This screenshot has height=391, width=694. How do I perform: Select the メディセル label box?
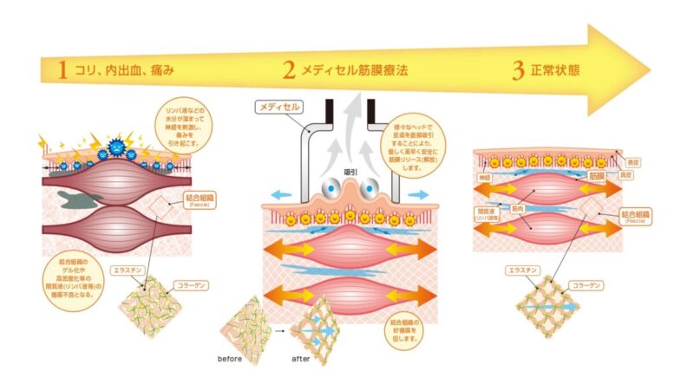coord(278,108)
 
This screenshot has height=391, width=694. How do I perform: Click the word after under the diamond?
coord(303,356)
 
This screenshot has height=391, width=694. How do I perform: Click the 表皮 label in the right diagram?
coord(631,161)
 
